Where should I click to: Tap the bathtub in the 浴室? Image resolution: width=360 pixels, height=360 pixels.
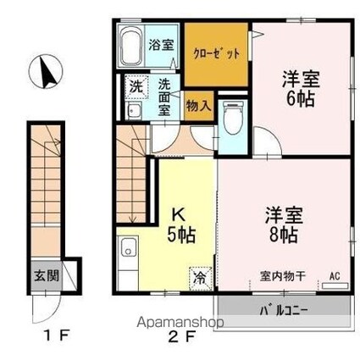pyautogui.click(x=130, y=47)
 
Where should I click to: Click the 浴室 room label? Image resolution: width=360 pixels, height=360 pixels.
pyautogui.click(x=161, y=45)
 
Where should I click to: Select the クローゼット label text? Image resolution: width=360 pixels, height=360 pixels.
pyautogui.click(x=217, y=53)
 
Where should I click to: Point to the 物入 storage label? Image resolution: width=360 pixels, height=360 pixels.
pyautogui.click(x=198, y=106)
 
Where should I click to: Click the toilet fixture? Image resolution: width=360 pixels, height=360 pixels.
pyautogui.click(x=234, y=119)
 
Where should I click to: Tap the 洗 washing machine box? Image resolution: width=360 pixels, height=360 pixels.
pyautogui.click(x=136, y=86)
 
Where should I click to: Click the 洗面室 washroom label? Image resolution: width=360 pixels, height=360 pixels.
pyautogui.click(x=164, y=97)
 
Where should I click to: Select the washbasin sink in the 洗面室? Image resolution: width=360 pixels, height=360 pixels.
pyautogui.click(x=134, y=111)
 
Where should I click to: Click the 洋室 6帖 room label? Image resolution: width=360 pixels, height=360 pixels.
pyautogui.click(x=301, y=89)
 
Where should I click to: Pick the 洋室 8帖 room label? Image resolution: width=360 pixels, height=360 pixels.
pyautogui.click(x=284, y=225)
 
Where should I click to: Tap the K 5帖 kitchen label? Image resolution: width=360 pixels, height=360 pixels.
pyautogui.click(x=181, y=227)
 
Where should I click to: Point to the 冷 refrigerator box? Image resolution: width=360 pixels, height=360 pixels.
pyautogui.click(x=201, y=278)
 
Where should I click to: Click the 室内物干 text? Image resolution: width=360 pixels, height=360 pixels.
pyautogui.click(x=283, y=276)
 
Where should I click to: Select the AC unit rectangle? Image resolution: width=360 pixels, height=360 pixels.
pyautogui.click(x=335, y=285)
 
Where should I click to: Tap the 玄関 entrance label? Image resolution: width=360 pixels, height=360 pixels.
pyautogui.click(x=47, y=275)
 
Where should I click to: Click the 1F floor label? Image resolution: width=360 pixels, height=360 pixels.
pyautogui.click(x=58, y=335)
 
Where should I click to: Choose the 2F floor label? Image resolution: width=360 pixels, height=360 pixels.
pyautogui.click(x=181, y=336)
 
